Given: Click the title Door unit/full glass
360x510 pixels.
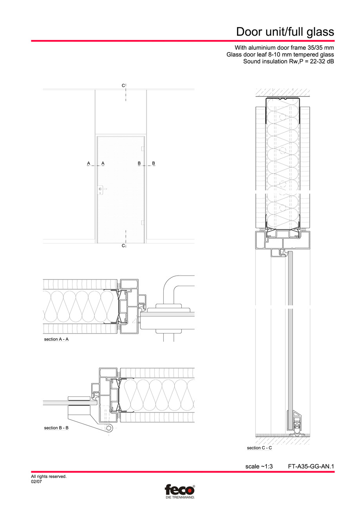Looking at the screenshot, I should click(x=285, y=31).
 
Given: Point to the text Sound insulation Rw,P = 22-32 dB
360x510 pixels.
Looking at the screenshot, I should click(x=289, y=62).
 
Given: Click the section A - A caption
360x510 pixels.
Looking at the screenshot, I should click(x=56, y=339).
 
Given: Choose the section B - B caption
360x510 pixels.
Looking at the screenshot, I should click(x=56, y=428).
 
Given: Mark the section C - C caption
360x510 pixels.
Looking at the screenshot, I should click(x=259, y=448).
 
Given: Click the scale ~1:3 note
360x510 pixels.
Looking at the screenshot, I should click(x=259, y=466).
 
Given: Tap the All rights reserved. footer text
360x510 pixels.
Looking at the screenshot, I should click(x=49, y=477).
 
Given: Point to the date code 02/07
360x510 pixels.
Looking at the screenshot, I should click(x=36, y=482).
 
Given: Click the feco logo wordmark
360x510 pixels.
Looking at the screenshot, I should click(x=179, y=490).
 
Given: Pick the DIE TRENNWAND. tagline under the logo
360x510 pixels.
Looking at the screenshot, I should click(x=179, y=497).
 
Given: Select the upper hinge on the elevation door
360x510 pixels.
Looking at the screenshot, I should click(x=143, y=149).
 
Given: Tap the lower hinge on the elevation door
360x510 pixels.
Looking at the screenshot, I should click(x=143, y=223).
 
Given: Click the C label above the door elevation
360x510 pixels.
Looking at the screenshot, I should click(x=123, y=85).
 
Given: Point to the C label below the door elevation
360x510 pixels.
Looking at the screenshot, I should click(x=123, y=245).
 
